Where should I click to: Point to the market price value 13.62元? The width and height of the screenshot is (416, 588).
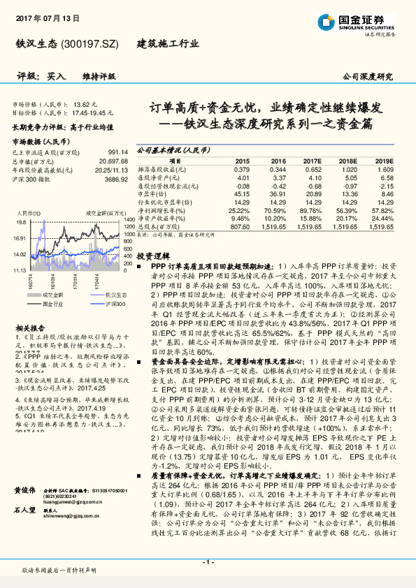point(95,103)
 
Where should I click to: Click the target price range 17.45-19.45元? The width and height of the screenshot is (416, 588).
point(92,112)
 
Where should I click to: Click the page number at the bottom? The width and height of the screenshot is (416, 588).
point(208,562)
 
